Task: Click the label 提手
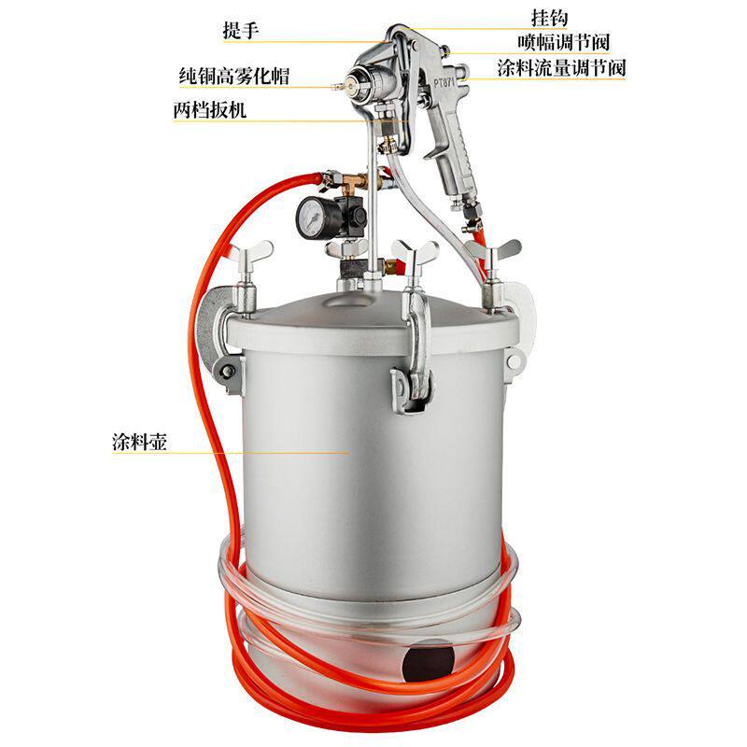pos(241,31)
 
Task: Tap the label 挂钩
pos(549,18)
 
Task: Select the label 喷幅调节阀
pos(564,42)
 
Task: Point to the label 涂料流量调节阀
pos(561,68)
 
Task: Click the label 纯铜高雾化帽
pos(234,77)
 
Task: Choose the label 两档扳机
pos(209,110)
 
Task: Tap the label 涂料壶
pos(139,442)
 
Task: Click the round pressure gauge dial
pos(311,216)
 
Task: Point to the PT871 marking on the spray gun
pos(445,82)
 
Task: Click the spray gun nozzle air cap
pos(359,82)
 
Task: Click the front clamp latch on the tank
pos(416,362)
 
